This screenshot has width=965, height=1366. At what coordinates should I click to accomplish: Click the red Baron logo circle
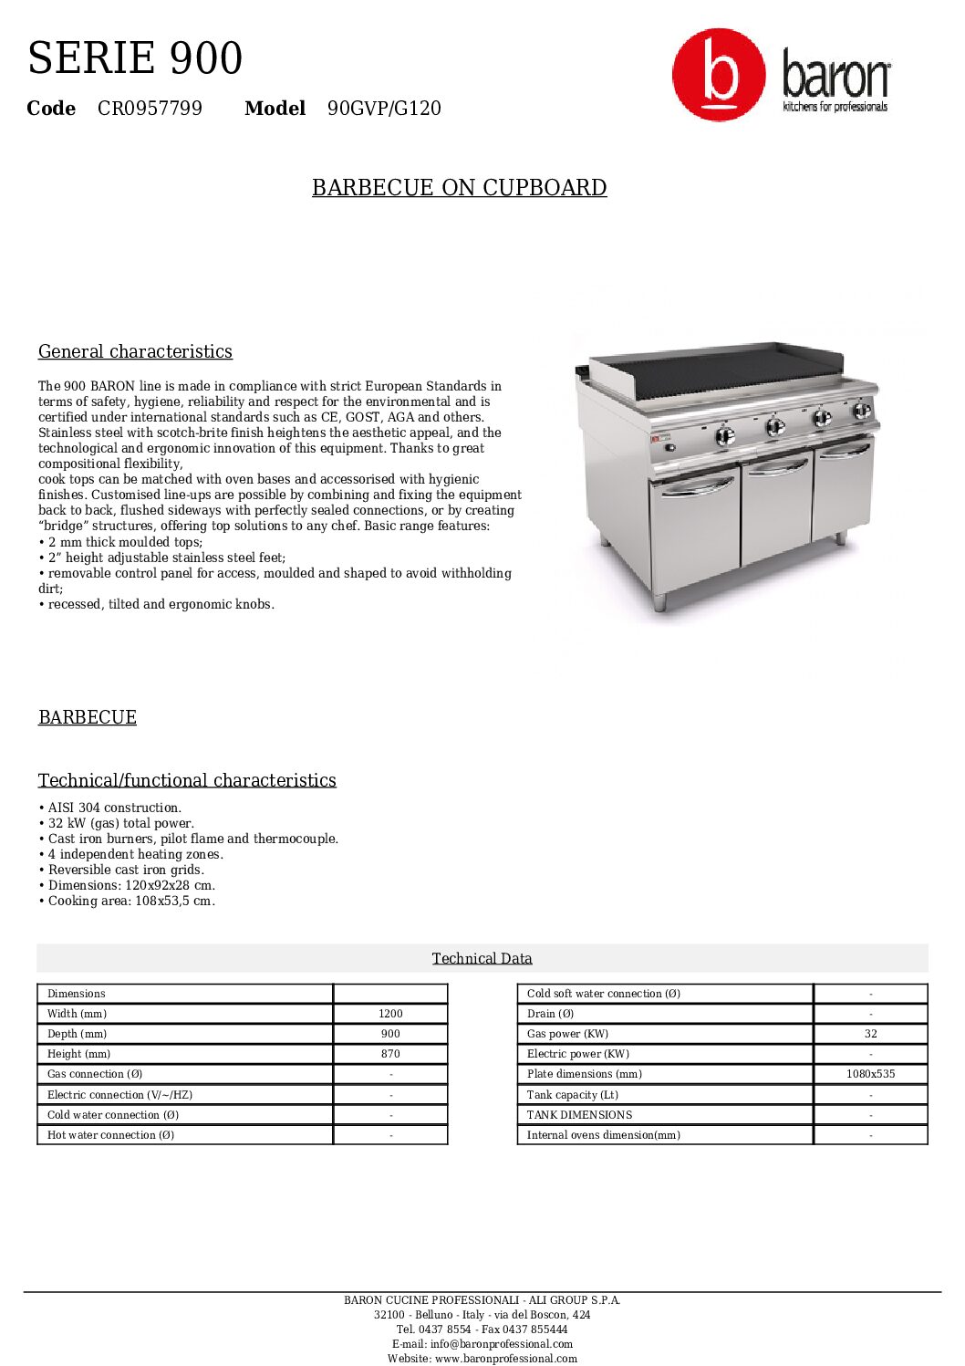pyautogui.click(x=719, y=75)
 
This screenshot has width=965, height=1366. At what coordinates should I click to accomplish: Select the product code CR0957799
pyautogui.click(x=150, y=109)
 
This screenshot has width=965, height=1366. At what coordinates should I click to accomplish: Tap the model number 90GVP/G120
pyautogui.click(x=384, y=109)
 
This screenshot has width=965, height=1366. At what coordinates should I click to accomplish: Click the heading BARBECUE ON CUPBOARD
pyautogui.click(x=459, y=188)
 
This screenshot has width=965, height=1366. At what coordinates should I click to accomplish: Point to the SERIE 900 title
pyautogui.click(x=135, y=58)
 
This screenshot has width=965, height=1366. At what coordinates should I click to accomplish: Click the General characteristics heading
pyautogui.click(x=135, y=352)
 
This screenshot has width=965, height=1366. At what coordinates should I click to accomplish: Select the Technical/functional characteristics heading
pyautogui.click(x=187, y=780)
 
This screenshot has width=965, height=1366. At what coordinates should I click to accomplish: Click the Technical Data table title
pyautogui.click(x=482, y=958)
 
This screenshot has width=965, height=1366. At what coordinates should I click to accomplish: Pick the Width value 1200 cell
pyautogui.click(x=390, y=1014)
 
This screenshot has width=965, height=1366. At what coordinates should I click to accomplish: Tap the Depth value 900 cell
pyautogui.click(x=390, y=1034)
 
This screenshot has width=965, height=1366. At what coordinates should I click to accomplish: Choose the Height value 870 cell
pyautogui.click(x=390, y=1054)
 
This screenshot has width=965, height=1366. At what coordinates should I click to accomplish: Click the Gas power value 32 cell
pyautogui.click(x=870, y=1034)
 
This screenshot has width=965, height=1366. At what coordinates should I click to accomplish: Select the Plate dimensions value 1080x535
pyautogui.click(x=870, y=1074)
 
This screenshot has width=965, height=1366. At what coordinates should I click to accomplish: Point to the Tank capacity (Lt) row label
pyautogui.click(x=572, y=1095)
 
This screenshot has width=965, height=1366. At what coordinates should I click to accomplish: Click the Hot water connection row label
pyautogui.click(x=110, y=1135)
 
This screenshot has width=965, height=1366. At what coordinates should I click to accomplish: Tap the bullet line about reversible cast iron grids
pyautogui.click(x=126, y=870)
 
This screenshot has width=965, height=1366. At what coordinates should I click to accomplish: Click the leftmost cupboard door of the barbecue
pyautogui.click(x=695, y=529)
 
